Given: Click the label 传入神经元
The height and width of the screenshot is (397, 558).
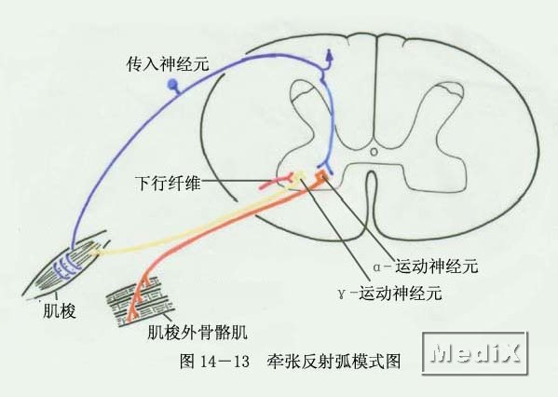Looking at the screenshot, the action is pos(168,65).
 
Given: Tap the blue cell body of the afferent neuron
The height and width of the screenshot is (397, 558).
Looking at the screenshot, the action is pos(172,84).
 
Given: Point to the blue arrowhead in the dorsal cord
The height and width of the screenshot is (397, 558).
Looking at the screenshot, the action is pos(329,56).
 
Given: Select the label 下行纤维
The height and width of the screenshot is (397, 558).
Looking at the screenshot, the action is pos(168,184).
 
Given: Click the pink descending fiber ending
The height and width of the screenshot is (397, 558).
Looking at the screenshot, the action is pos(276,182).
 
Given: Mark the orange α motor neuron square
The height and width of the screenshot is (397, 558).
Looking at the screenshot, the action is pos(322,175).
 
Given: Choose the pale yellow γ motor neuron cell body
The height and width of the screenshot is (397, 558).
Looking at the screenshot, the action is pos(300,175).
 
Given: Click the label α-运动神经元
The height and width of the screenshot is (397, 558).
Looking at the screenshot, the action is pos(426,267).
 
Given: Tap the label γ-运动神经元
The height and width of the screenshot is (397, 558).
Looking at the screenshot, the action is pos(390,294).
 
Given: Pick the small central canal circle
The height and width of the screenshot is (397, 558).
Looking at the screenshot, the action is pos(374,152).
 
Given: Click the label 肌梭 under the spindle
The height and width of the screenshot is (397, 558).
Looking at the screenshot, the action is pos(60,311).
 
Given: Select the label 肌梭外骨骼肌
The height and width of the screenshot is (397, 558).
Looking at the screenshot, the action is pos(197,333).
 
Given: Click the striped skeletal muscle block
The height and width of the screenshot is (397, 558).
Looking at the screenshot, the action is pos(141,301).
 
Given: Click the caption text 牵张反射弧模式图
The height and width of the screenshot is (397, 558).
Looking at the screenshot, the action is pos(333,362).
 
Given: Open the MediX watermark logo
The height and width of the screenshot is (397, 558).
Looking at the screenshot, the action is pos(475,353).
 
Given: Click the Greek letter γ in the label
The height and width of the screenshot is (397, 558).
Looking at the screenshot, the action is pos(342,294).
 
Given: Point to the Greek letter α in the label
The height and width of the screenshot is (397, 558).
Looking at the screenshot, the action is pos(377,267).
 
